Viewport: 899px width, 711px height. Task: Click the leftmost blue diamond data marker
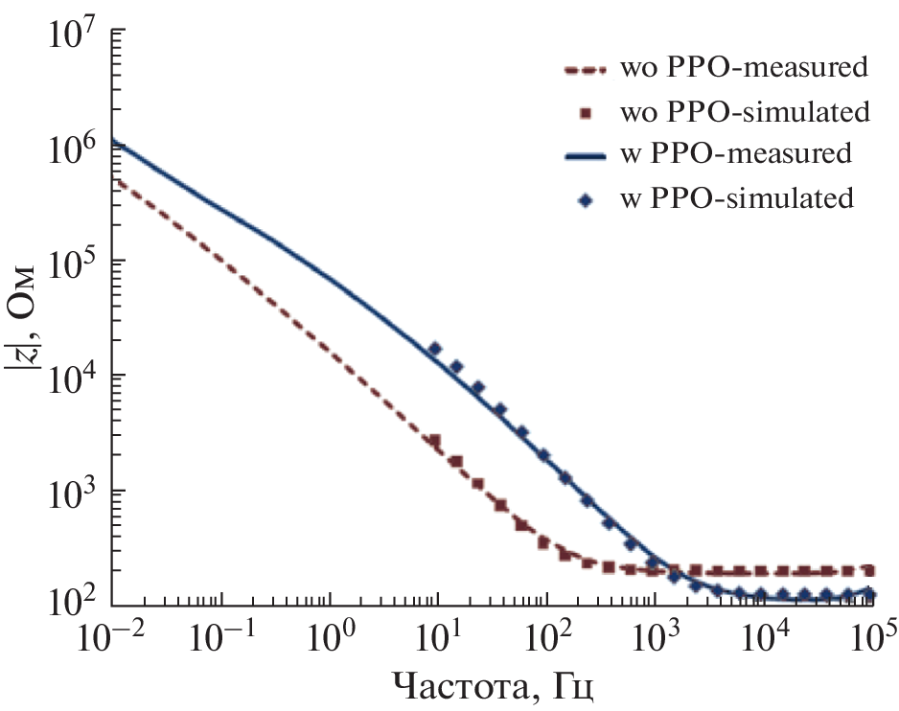(x=435, y=350)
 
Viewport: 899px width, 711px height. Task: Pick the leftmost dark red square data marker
(x=435, y=442)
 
